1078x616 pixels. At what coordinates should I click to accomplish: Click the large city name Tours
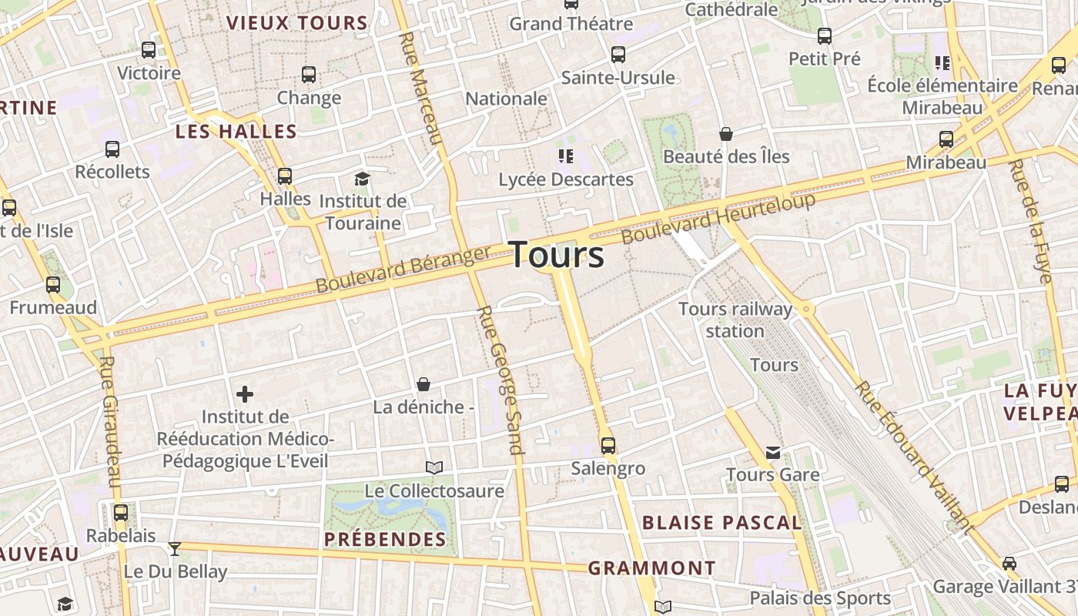(x=557, y=255)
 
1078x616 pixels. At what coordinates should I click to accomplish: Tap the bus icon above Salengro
(x=608, y=445)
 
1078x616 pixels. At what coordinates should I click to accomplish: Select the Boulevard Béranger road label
(x=403, y=269)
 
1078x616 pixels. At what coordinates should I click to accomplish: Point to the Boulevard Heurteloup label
(x=718, y=218)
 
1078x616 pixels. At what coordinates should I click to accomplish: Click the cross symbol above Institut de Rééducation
(x=245, y=395)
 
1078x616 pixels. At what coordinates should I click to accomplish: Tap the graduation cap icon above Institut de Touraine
(x=362, y=179)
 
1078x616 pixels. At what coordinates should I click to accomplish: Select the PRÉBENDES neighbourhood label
(x=385, y=539)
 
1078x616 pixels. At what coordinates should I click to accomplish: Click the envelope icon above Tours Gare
(x=773, y=452)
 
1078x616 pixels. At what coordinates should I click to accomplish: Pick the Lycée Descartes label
(x=566, y=179)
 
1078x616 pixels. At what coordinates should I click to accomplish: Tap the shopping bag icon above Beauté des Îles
(x=725, y=134)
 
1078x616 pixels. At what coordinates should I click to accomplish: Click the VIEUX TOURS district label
(x=297, y=23)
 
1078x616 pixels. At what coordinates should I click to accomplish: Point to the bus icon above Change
(x=309, y=75)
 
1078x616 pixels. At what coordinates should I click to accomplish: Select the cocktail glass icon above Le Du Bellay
(x=176, y=548)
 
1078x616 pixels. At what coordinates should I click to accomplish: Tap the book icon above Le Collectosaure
(x=434, y=467)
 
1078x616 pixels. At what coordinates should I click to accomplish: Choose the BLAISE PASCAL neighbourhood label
(x=722, y=523)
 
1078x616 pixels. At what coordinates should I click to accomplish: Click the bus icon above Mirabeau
(x=946, y=139)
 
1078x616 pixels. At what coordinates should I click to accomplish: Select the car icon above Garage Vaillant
(x=1009, y=564)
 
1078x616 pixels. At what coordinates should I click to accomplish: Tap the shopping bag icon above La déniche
(x=423, y=383)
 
